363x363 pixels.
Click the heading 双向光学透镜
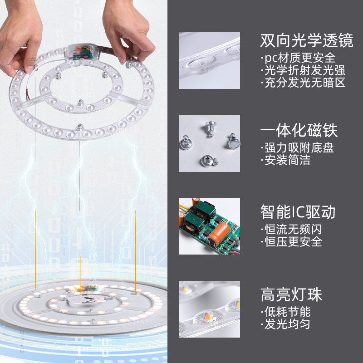tap(306, 41)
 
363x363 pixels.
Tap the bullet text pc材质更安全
tap(298, 58)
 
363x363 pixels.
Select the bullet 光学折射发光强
tap(303, 70)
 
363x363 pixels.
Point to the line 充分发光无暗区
tap(303, 83)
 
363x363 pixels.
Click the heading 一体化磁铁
tap(299, 131)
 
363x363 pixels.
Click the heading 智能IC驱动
tap(298, 212)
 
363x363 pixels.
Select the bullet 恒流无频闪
tap(291, 229)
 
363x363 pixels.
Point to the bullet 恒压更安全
tap(291, 241)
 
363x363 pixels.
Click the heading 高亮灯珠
tap(291, 294)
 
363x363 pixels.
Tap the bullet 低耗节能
tap(285, 312)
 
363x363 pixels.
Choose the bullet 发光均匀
tap(285, 324)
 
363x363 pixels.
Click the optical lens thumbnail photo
tap(209, 60)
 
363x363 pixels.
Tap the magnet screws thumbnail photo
tap(209, 143)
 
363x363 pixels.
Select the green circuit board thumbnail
tap(209, 226)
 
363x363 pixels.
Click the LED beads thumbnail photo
tap(209, 309)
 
